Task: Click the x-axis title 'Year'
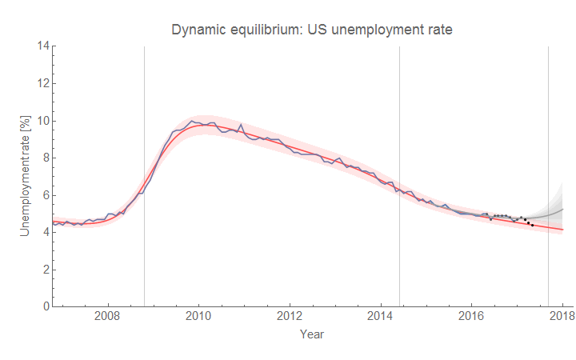(x=312, y=334)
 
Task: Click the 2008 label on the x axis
(x=107, y=317)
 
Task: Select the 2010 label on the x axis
(x=198, y=317)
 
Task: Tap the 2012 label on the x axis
(x=290, y=317)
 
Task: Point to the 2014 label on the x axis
(x=381, y=317)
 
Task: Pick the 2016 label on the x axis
(x=472, y=317)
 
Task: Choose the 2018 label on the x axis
(x=562, y=317)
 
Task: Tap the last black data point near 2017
(x=532, y=226)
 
